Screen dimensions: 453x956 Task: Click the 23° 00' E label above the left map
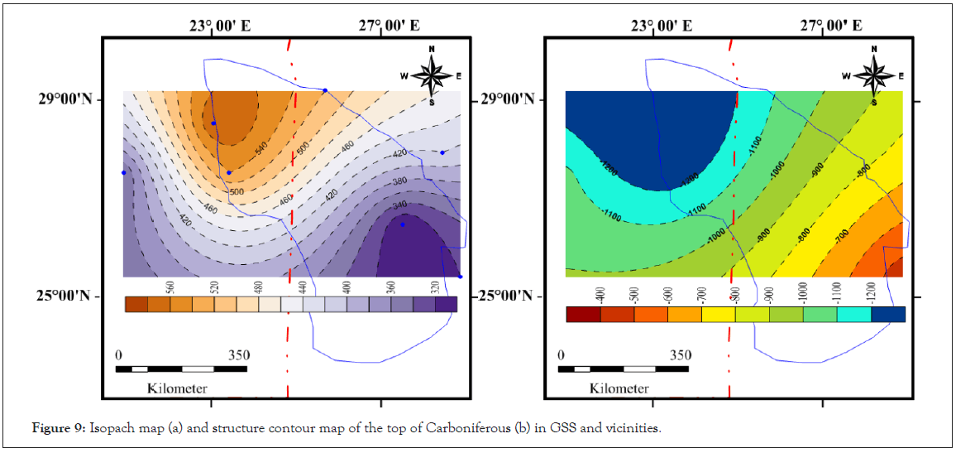click(x=218, y=26)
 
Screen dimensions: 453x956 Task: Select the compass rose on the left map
click(x=431, y=75)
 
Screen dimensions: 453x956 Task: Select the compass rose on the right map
click(x=873, y=75)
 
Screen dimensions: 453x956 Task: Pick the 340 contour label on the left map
click(x=399, y=205)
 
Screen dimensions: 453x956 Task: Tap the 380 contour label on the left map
click(x=400, y=181)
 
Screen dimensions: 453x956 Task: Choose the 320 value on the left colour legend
click(x=436, y=287)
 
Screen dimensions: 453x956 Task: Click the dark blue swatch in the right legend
click(x=888, y=315)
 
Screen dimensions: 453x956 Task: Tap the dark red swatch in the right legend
click(x=583, y=315)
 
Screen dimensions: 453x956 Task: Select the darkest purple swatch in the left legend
click(x=446, y=304)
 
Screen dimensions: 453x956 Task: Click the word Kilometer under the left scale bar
click(x=177, y=388)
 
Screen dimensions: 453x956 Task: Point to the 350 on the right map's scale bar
click(x=681, y=355)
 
